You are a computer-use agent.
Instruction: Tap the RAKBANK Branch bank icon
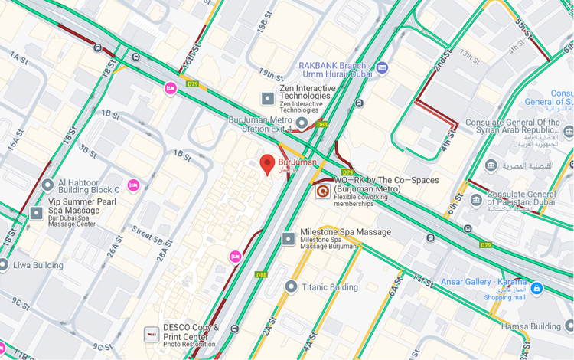382,68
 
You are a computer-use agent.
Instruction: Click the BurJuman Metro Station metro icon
302,123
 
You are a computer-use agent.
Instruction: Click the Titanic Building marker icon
291,286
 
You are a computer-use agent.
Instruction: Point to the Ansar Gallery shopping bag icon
536,288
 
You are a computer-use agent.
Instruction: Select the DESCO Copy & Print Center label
185,332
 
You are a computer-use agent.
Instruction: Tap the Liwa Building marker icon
5,265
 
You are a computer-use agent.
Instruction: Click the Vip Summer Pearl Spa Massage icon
37,212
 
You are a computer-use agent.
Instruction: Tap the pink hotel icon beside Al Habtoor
133,185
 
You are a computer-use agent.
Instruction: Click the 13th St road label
470,54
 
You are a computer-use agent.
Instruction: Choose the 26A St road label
114,247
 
